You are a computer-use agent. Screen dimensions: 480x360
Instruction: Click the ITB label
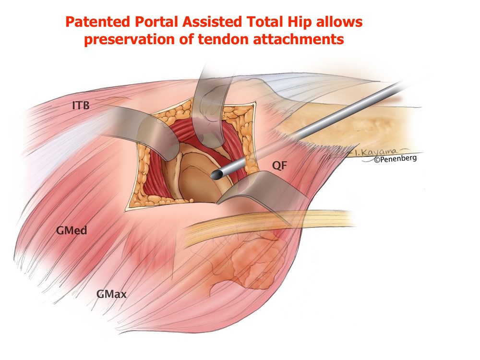click(81, 105)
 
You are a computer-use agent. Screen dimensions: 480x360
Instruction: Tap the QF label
click(279, 166)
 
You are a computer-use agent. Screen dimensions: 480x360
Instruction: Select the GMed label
click(72, 230)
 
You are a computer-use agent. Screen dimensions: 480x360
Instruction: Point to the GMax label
click(111, 294)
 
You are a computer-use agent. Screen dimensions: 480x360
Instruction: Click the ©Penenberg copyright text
click(395, 158)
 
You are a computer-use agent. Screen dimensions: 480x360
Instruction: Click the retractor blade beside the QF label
click(261, 189)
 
